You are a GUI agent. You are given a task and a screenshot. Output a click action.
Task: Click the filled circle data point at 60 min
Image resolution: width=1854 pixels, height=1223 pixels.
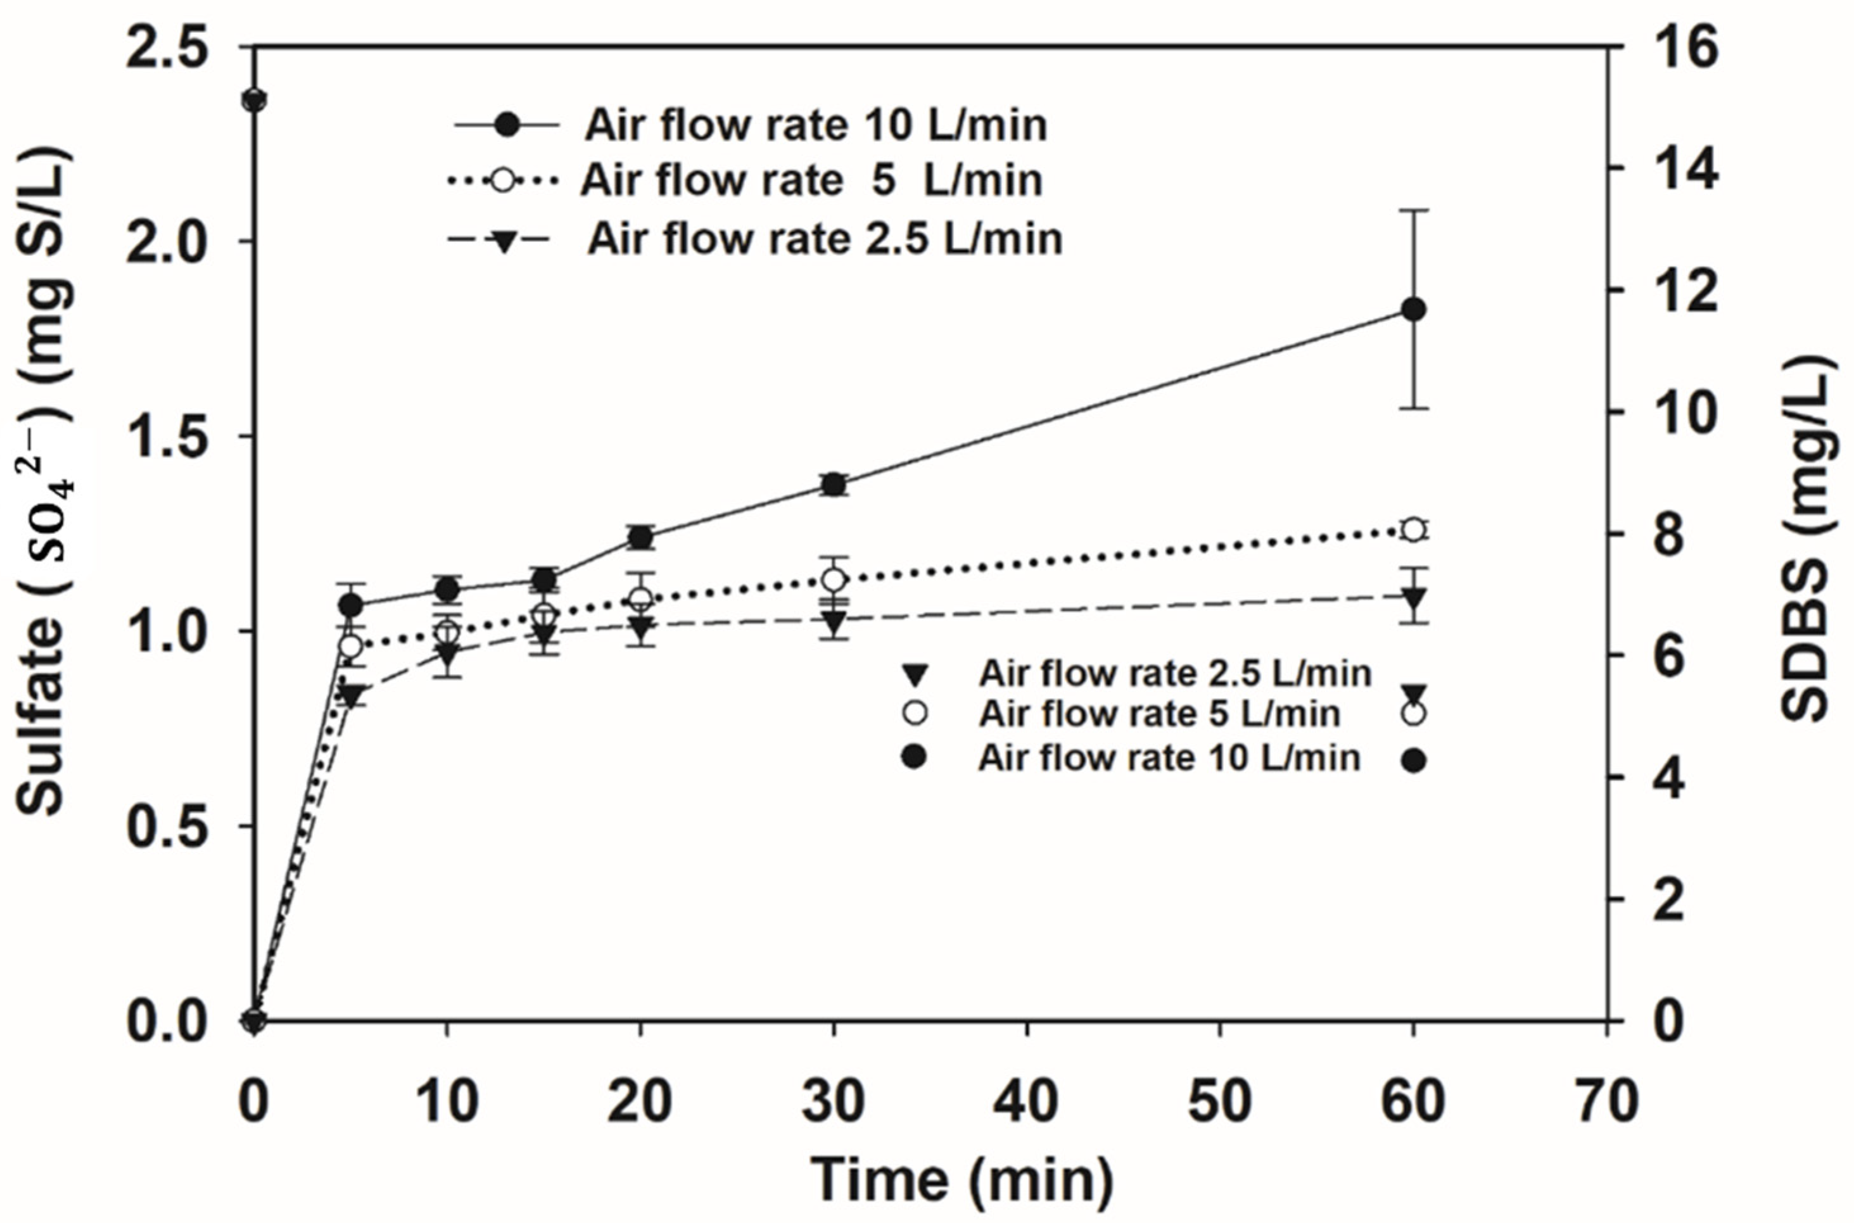(x=1413, y=310)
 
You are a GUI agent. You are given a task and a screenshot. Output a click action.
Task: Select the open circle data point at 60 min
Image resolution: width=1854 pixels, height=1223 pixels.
(x=1413, y=529)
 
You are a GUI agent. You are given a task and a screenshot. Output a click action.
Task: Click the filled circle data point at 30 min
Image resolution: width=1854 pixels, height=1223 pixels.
(x=833, y=485)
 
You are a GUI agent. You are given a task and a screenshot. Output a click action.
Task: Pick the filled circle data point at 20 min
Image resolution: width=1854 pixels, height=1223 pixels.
(x=640, y=536)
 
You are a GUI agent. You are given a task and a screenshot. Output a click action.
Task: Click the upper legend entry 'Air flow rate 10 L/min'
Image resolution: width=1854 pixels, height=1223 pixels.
(x=815, y=125)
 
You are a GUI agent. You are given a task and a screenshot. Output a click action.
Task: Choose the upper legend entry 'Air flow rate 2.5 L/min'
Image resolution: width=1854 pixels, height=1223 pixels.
(x=825, y=238)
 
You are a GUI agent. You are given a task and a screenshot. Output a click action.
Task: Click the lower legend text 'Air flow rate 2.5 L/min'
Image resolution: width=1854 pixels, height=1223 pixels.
(x=1174, y=673)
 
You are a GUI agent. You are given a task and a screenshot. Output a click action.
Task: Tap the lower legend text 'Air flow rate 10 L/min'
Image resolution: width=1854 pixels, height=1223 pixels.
(x=1169, y=758)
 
